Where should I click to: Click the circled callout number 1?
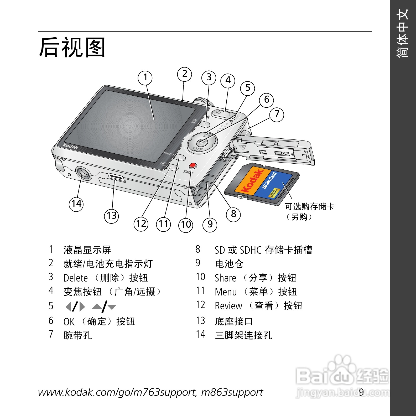coord(145,78)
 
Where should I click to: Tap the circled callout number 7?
coord(277,115)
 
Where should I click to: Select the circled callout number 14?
coord(76,204)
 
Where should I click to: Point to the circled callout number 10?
coord(186,225)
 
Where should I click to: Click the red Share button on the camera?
coord(193,165)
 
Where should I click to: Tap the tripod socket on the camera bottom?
coord(84,173)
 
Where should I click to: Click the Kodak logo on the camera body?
coord(70,146)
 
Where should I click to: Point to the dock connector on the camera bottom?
coord(116,178)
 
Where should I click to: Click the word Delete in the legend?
coord(76,278)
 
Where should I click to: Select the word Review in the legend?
coord(228,306)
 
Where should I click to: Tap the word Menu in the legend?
coord(226,292)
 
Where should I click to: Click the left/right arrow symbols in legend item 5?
coord(75,306)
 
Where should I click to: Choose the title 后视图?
coord(72,47)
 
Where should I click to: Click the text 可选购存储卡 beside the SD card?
coord(310,206)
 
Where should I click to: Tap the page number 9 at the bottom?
coord(361,392)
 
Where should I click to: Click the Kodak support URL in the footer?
coord(150,392)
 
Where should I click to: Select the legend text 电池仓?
coord(229,264)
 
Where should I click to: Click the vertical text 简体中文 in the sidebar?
coord(402,33)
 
